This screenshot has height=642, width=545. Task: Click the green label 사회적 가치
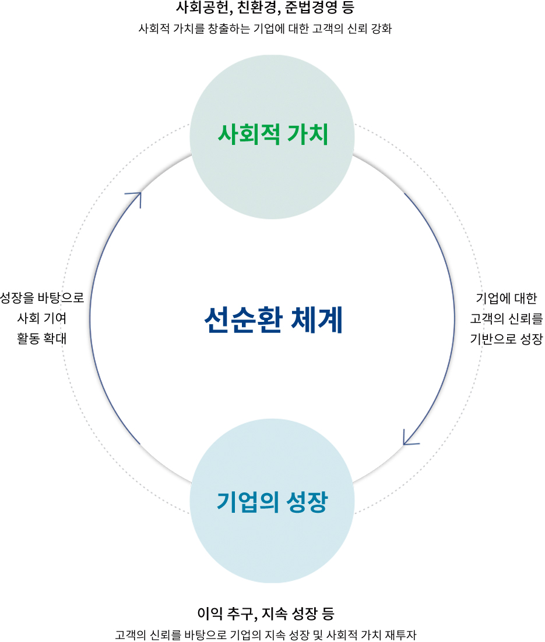(273, 134)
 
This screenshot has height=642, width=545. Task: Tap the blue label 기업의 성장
(272, 502)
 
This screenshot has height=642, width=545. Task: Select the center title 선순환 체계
(273, 320)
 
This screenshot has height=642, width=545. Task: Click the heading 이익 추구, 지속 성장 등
(266, 613)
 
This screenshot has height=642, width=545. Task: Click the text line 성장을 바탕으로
(42, 297)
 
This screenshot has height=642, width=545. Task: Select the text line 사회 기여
(41, 318)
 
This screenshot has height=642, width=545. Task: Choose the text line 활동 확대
(41, 338)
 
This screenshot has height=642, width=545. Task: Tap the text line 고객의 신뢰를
(506, 318)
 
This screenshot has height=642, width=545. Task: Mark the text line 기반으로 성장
(506, 339)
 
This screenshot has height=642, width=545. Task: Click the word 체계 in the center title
(317, 320)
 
